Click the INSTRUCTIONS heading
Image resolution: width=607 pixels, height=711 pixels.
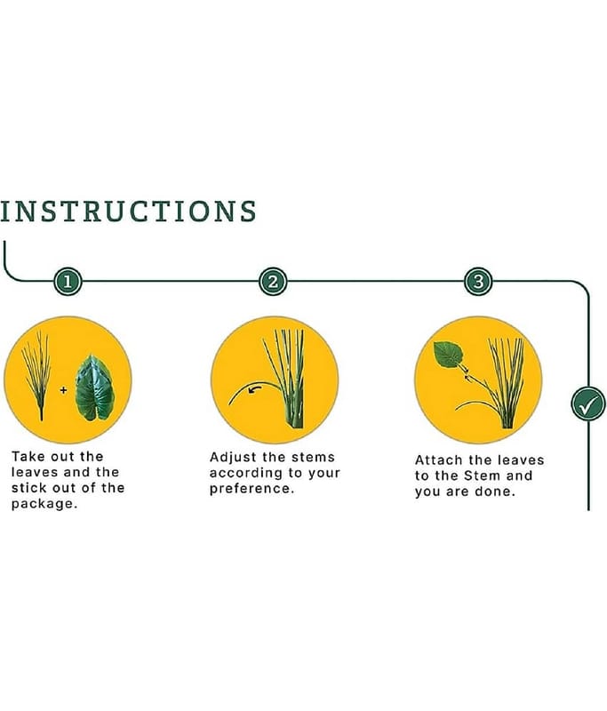click(128, 212)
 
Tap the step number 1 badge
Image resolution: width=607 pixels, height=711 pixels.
click(68, 282)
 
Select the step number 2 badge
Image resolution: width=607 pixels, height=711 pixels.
click(273, 282)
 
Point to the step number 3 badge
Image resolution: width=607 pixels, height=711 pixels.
click(478, 282)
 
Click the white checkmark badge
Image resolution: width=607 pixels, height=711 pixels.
click(588, 403)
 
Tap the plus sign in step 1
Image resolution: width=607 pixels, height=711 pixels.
click(63, 389)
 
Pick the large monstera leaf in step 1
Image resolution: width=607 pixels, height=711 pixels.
click(94, 387)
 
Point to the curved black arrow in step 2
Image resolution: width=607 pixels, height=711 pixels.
click(255, 388)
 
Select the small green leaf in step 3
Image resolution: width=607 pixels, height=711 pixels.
click(448, 355)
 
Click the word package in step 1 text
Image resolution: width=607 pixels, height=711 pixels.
click(42, 504)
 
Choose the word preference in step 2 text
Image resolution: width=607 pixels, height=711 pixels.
click(250, 489)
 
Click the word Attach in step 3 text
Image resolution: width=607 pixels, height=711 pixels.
click(437, 460)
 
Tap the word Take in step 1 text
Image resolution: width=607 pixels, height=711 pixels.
click(28, 457)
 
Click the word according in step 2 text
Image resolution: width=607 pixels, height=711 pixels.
click(246, 474)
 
